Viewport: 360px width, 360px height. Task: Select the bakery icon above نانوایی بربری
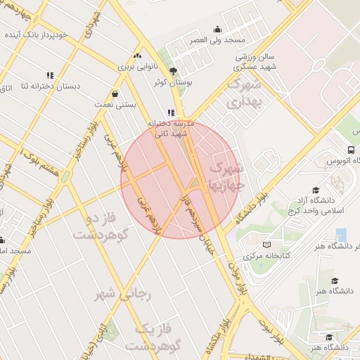[138, 56]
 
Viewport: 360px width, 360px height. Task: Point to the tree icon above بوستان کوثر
[173, 70]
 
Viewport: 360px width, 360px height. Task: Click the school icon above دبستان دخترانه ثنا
[50, 75]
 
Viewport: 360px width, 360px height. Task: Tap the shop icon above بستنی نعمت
[114, 94]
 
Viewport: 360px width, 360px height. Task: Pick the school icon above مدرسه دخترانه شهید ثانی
[170, 112]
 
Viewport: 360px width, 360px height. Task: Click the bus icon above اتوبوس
[351, 150]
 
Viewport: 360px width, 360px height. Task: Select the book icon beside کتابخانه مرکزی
[266, 245]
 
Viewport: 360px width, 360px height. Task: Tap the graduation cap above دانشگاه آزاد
[316, 191]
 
